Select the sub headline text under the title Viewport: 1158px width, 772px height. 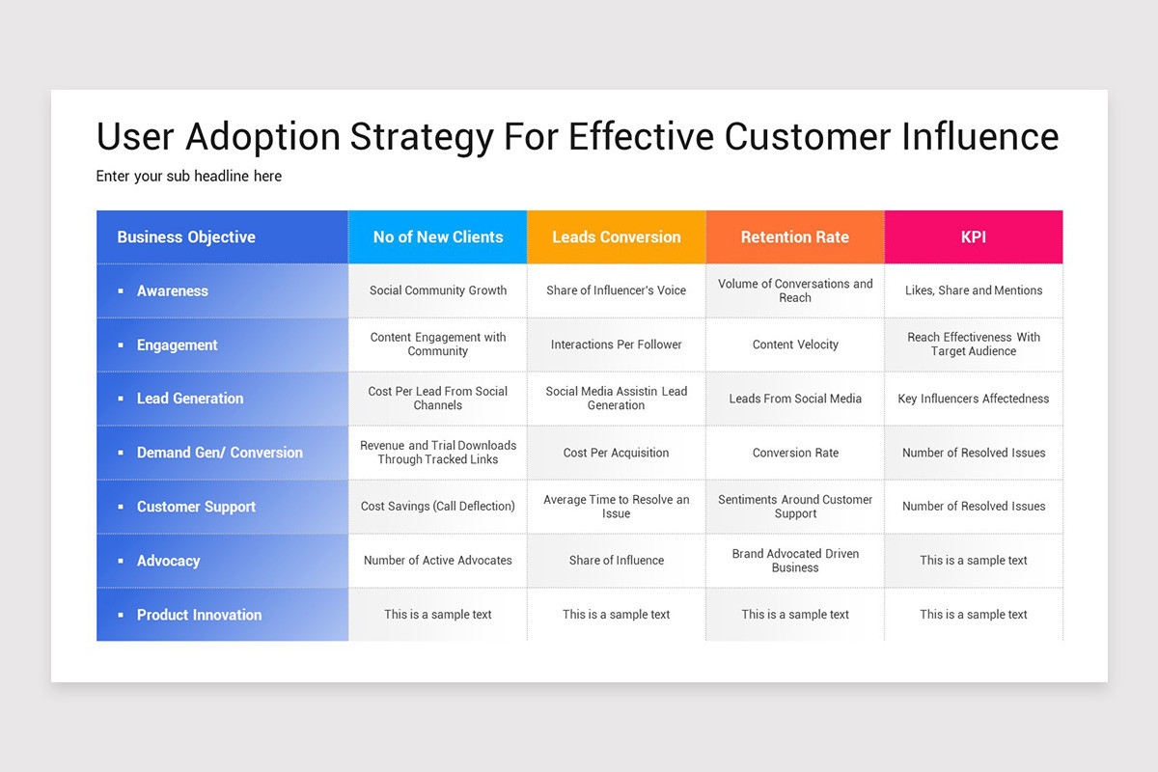(x=189, y=177)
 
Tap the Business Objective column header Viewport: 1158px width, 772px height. (x=186, y=237)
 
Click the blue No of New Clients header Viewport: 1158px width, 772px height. (x=438, y=237)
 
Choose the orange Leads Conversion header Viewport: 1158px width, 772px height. (x=617, y=237)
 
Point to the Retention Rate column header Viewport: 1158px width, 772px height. (x=795, y=237)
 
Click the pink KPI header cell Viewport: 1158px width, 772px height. (x=974, y=237)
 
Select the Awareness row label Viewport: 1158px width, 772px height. (x=173, y=291)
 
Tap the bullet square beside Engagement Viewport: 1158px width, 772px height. (x=121, y=345)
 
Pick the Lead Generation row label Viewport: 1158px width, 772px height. (x=190, y=399)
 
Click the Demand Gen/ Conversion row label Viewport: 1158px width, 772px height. (x=220, y=453)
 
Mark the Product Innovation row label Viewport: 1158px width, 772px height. (x=199, y=615)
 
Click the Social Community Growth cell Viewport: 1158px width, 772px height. (x=438, y=290)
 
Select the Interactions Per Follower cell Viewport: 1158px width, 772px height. (x=617, y=345)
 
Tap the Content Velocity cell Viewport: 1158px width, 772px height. (x=795, y=345)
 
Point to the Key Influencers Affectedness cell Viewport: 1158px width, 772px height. (x=974, y=399)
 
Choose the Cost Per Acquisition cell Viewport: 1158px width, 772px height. (x=617, y=453)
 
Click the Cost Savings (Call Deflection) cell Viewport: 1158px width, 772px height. (x=438, y=507)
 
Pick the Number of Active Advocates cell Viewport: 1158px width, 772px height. (x=438, y=561)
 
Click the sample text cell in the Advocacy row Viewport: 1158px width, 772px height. (x=974, y=561)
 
